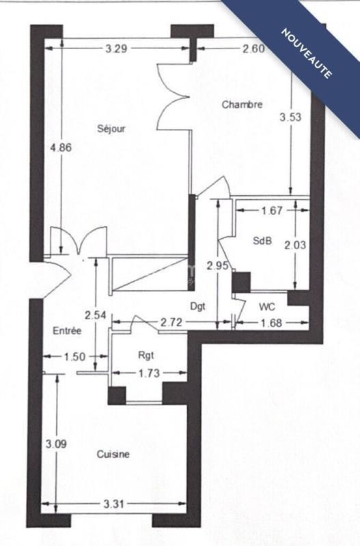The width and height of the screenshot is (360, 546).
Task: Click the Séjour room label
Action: [111, 128]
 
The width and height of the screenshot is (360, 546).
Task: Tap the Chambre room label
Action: [243, 104]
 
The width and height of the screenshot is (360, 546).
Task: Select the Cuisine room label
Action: [113, 454]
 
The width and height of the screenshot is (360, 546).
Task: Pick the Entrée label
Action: [67, 331]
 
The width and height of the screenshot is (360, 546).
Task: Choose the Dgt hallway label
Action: [197, 306]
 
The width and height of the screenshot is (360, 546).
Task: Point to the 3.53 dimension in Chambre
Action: [290, 117]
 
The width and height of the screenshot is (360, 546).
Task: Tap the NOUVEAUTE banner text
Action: [305, 53]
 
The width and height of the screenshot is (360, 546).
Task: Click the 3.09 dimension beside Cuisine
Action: [55, 444]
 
